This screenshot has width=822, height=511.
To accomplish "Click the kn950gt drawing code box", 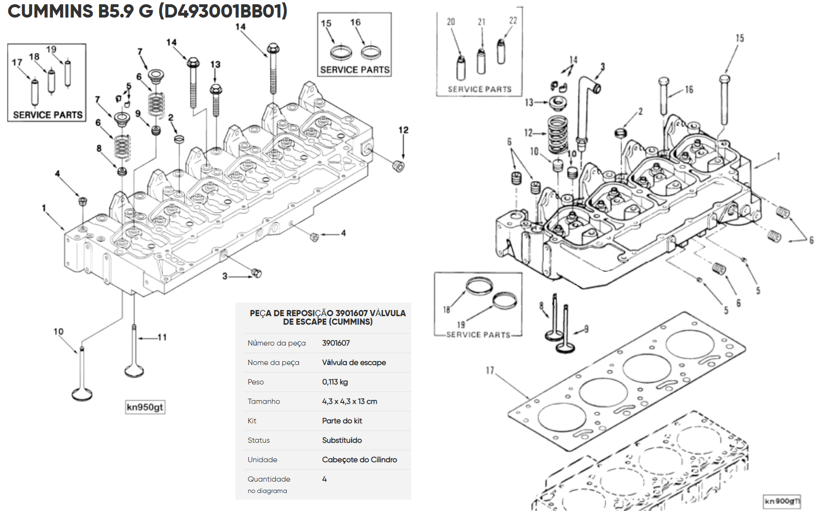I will pos(145,407).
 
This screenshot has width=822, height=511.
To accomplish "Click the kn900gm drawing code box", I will pos(782,501).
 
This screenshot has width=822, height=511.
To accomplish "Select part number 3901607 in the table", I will pos(336,343).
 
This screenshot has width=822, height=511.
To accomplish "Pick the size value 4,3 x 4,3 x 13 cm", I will pos(350,401).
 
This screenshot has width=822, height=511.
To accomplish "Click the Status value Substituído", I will pos(342,440).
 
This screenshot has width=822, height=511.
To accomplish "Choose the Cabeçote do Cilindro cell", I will pos(360,460).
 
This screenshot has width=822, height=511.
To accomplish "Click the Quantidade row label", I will pos(269,479).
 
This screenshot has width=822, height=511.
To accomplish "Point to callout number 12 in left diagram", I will pos(403,130).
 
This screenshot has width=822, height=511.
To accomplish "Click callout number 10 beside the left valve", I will pos(58,332).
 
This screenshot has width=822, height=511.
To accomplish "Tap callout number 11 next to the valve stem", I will pos(162,338).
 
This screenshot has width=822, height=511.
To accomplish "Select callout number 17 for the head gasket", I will pos(490,370).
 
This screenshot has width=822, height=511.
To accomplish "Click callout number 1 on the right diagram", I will pos(778,156).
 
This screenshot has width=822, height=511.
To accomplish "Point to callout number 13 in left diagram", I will pos(215,64).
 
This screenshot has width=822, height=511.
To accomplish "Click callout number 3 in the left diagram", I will pos(225,276).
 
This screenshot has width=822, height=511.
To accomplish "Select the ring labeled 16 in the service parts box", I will pos(370,52).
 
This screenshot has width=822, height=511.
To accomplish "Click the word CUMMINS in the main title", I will pos(51,11).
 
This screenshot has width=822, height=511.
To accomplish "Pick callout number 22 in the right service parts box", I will pos(513,21).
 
